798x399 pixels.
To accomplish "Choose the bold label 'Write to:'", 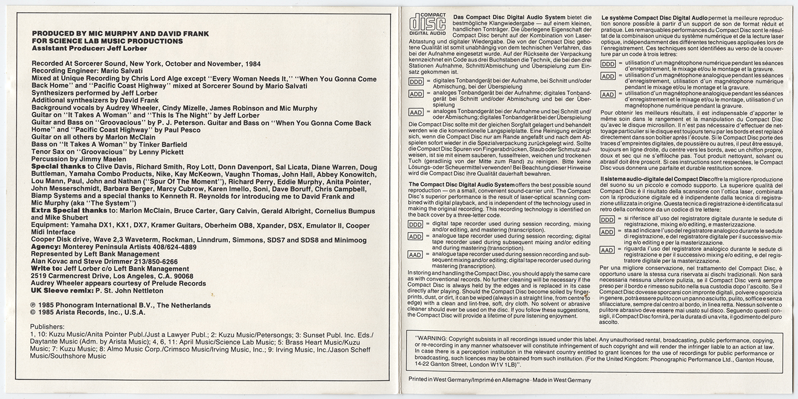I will [x=47, y=269].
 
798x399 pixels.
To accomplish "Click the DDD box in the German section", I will [x=416, y=82].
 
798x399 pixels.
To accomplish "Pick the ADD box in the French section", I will [x=607, y=76].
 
